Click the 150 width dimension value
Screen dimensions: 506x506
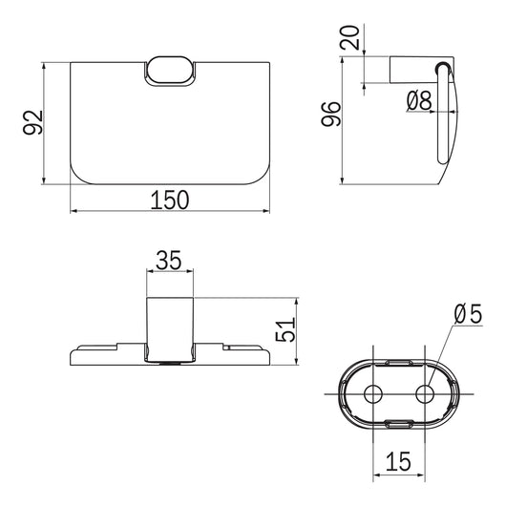(170, 200)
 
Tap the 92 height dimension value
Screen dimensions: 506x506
(32, 122)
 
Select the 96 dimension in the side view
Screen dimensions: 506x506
(331, 114)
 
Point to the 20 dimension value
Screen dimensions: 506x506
(349, 37)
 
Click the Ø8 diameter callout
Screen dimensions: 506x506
(419, 100)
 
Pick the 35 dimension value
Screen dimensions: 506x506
(169, 261)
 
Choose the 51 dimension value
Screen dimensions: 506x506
(285, 329)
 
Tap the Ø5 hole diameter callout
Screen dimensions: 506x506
(468, 314)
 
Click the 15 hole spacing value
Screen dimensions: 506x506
(398, 461)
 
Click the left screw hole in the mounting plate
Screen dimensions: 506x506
(373, 394)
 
